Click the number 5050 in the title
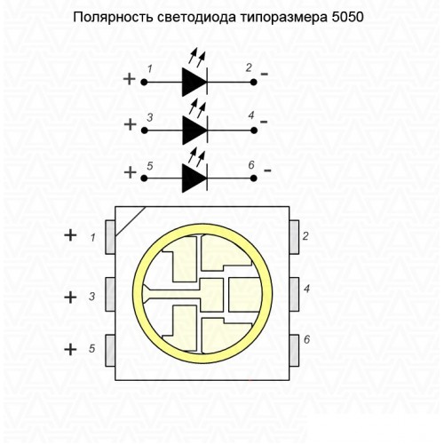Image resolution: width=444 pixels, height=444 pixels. click(x=347, y=18)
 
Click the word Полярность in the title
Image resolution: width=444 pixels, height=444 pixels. click(x=114, y=18)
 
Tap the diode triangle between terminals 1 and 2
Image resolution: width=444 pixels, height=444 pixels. click(x=194, y=82)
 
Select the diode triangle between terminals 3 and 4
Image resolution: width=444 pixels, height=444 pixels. click(x=194, y=131)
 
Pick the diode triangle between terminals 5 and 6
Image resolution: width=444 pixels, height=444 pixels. click(x=194, y=178)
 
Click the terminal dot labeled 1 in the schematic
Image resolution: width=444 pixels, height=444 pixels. click(x=144, y=83)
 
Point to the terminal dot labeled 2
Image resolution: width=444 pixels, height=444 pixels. click(x=254, y=83)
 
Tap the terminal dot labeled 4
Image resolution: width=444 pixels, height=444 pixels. click(x=254, y=131)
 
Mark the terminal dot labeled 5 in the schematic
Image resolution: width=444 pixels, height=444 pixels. click(x=144, y=178)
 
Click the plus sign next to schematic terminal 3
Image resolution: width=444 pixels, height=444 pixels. click(x=130, y=124)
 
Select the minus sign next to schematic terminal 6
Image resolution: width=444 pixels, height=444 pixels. click(x=267, y=170)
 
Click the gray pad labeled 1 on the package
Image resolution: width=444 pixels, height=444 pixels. click(x=110, y=237)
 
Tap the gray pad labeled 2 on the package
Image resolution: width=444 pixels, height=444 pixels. click(x=294, y=237)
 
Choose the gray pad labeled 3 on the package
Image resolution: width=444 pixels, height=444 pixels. click(x=110, y=294)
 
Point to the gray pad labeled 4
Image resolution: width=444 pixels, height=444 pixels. click(x=294, y=294)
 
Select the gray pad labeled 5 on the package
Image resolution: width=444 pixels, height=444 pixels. click(x=110, y=351)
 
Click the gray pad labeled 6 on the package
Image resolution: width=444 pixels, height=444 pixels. click(x=294, y=351)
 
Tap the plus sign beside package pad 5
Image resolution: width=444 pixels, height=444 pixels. click(x=70, y=349)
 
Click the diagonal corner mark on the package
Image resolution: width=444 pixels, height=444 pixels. click(x=131, y=221)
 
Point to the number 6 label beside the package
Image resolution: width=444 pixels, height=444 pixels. click(x=307, y=339)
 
